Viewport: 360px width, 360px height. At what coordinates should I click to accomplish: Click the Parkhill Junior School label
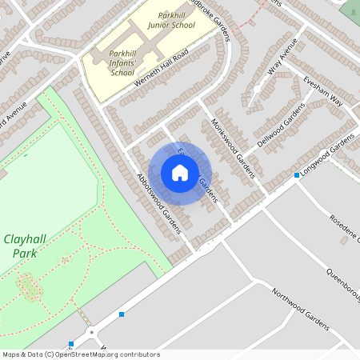pyautogui.click(x=171, y=20)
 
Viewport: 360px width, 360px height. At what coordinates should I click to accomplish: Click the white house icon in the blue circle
pyautogui.click(x=180, y=173)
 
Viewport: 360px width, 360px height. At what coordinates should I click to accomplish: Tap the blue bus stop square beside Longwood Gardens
pyautogui.click(x=297, y=174)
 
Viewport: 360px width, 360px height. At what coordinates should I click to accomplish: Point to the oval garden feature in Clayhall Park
pyautogui.click(x=30, y=286)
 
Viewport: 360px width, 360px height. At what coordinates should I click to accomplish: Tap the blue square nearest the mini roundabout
pyautogui.click(x=71, y=344)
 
